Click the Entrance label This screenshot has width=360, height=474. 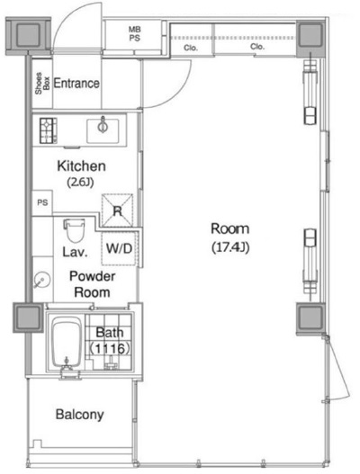76,83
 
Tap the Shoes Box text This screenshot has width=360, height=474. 42,83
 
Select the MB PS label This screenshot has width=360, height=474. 135,33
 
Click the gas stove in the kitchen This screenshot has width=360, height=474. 49,130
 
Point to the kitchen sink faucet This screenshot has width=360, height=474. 103,124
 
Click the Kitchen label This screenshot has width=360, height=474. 81,166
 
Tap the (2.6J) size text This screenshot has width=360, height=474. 80,183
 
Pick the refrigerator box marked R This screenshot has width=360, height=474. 117,210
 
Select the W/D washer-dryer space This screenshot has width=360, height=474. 119,248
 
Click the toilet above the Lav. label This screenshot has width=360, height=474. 74,230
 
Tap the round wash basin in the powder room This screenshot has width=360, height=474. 41,280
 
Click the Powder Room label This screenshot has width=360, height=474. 93,284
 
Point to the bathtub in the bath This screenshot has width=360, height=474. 67,343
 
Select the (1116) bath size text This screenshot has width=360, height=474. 110,349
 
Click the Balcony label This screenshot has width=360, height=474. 79,415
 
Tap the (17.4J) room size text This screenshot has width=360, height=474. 230,247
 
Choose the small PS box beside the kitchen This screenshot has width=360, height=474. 42,202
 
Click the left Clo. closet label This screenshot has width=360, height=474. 191,48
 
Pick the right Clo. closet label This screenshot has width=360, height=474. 257,47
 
